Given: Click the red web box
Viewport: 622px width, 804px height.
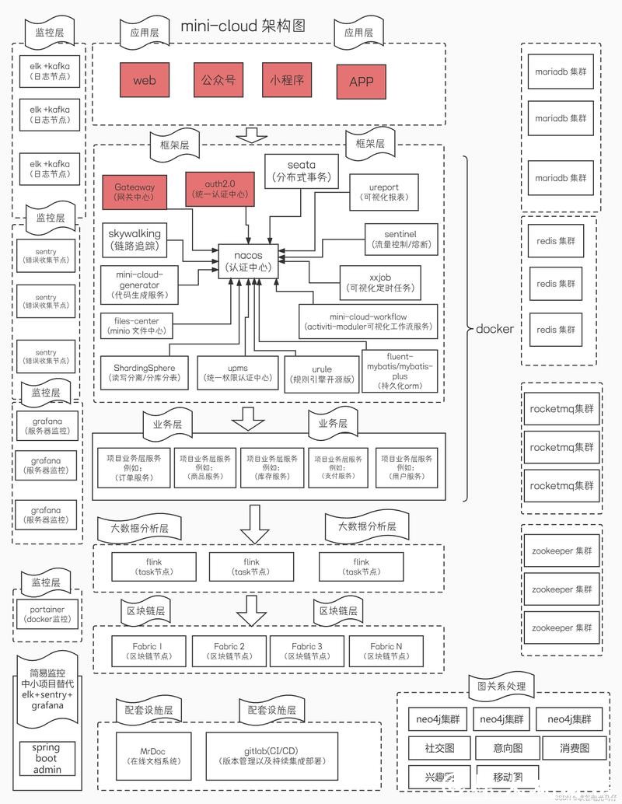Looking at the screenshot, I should (145, 80).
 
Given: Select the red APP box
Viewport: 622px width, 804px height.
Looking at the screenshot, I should (361, 81).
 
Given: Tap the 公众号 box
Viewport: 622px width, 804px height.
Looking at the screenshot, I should (218, 79).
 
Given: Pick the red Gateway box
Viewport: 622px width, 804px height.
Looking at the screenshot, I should (135, 192).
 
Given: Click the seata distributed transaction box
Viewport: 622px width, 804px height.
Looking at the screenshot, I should (302, 171).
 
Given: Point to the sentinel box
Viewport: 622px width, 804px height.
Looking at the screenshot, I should (400, 239).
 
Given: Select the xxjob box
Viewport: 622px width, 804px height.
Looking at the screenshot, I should (379, 281).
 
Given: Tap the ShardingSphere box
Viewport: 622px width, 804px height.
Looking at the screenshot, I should (144, 372).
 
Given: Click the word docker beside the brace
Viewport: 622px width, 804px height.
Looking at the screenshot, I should (494, 329).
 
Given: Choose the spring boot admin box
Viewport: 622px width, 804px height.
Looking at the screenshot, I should (46, 758).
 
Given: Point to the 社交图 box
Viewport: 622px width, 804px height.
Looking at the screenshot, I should (438, 748).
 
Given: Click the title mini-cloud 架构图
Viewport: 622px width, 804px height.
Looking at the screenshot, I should (243, 26).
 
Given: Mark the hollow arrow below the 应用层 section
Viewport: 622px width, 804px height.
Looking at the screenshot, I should (250, 135).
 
